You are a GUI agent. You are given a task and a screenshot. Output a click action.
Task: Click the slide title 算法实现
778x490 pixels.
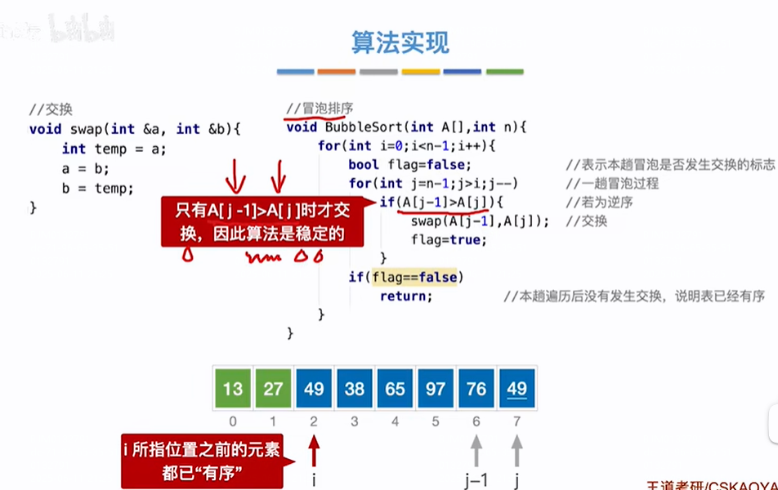(400, 42)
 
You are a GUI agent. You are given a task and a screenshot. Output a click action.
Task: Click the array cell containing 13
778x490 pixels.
(232, 389)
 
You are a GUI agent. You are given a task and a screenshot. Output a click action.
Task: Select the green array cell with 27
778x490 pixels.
(273, 389)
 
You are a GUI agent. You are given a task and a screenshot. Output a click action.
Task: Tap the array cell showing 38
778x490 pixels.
(355, 389)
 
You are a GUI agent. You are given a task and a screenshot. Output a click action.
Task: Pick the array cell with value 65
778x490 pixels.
(396, 389)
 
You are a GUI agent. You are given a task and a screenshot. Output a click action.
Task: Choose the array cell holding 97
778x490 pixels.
(436, 389)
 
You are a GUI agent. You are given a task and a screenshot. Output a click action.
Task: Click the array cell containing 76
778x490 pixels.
(476, 389)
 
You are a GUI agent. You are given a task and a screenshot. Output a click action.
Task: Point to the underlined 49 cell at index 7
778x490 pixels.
(516, 389)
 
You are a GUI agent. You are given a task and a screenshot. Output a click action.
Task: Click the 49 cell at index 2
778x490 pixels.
(314, 389)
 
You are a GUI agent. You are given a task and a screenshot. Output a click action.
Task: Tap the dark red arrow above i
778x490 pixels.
(314, 448)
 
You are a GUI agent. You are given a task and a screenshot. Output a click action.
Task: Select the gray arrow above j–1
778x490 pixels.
(476, 448)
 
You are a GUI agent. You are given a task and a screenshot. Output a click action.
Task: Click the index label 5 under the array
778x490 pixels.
(436, 421)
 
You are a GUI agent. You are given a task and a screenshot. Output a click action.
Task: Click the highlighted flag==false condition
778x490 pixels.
(415, 278)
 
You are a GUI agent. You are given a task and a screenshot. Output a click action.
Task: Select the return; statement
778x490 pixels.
(406, 296)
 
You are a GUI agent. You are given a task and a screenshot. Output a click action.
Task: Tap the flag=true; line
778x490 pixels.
(449, 240)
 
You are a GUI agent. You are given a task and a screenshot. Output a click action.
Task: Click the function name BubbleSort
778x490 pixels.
(364, 127)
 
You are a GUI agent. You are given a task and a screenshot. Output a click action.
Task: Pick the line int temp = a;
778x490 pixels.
(114, 149)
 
